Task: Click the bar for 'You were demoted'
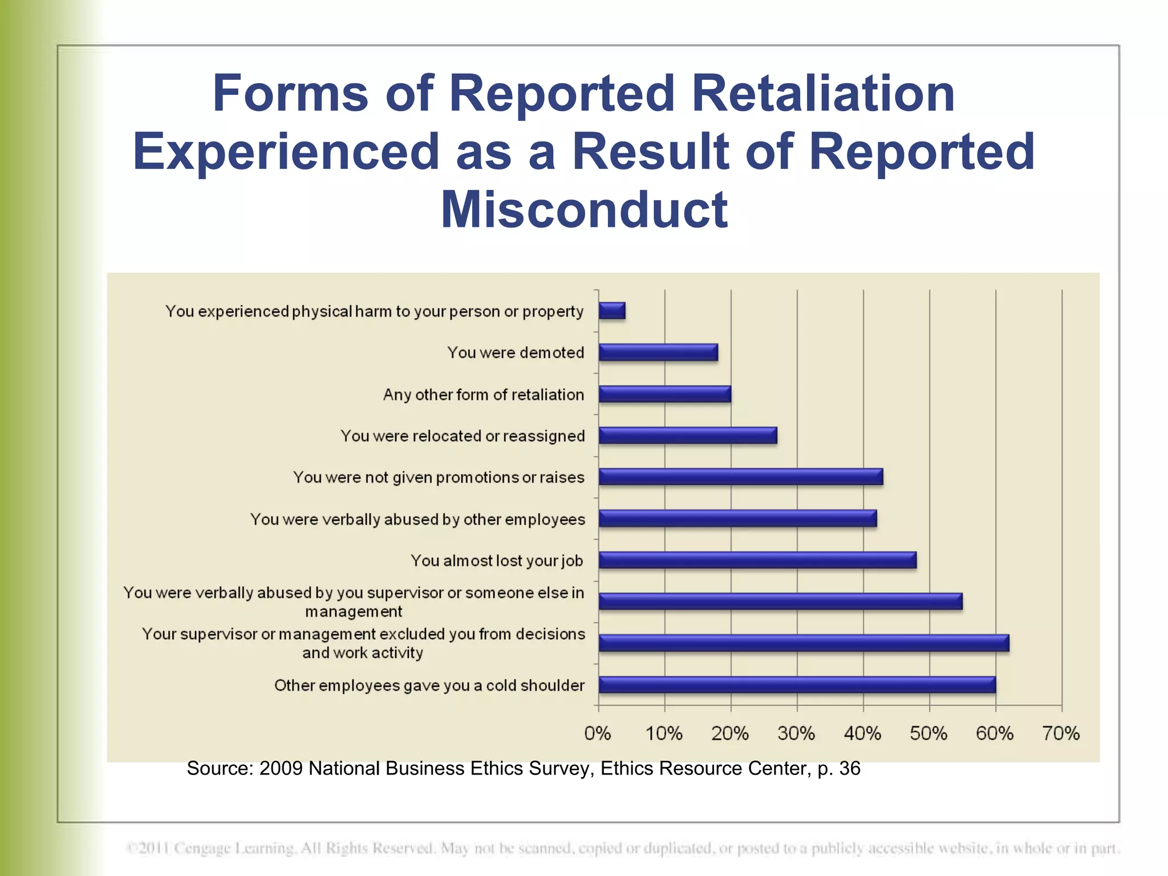click(x=658, y=352)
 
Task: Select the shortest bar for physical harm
click(x=612, y=311)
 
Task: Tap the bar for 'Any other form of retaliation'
click(x=664, y=394)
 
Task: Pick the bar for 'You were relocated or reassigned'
click(x=688, y=436)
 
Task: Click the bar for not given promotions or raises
click(x=741, y=477)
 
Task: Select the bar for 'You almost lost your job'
click(x=757, y=560)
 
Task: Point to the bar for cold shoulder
click(x=797, y=684)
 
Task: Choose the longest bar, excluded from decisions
click(x=804, y=643)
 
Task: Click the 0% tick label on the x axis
click(x=598, y=733)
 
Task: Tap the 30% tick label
click(x=796, y=733)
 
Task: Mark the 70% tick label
click(x=1061, y=733)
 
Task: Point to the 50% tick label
click(x=928, y=733)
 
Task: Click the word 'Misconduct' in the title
click(x=584, y=209)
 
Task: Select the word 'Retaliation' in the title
click(x=823, y=93)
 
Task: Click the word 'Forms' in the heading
click(x=290, y=93)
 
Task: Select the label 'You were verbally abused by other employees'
click(x=417, y=519)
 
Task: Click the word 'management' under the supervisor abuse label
click(x=354, y=611)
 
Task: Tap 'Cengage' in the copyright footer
click(x=202, y=848)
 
